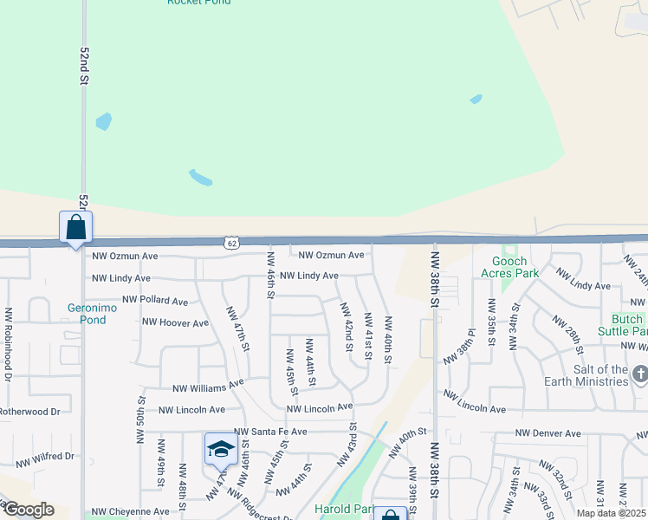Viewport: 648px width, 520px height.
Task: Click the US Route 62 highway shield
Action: pyautogui.click(x=230, y=244)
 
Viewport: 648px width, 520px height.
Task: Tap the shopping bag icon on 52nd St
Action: pyautogui.click(x=76, y=228)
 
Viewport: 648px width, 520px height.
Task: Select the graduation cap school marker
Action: pyautogui.click(x=221, y=450)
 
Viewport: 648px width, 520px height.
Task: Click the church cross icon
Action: pyautogui.click(x=640, y=374)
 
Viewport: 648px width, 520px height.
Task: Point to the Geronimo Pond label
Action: pyautogui.click(x=87, y=313)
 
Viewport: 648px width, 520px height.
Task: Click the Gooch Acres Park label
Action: pyautogui.click(x=515, y=267)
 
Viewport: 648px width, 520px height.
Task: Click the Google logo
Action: pyautogui.click(x=28, y=510)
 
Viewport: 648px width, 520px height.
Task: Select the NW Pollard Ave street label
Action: pyautogui.click(x=155, y=301)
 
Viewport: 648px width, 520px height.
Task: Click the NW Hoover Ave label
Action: pyautogui.click(x=177, y=323)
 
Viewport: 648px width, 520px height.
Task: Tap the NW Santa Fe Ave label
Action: pyautogui.click(x=270, y=431)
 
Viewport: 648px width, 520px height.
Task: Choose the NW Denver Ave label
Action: pyautogui.click(x=548, y=433)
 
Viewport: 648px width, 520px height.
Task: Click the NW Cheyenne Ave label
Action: pyautogui.click(x=131, y=511)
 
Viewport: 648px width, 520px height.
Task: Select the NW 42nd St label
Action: pyautogui.click(x=347, y=327)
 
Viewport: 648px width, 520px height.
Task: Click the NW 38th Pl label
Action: pyautogui.click(x=460, y=348)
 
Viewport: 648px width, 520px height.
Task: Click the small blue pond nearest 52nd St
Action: pyautogui.click(x=103, y=121)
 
